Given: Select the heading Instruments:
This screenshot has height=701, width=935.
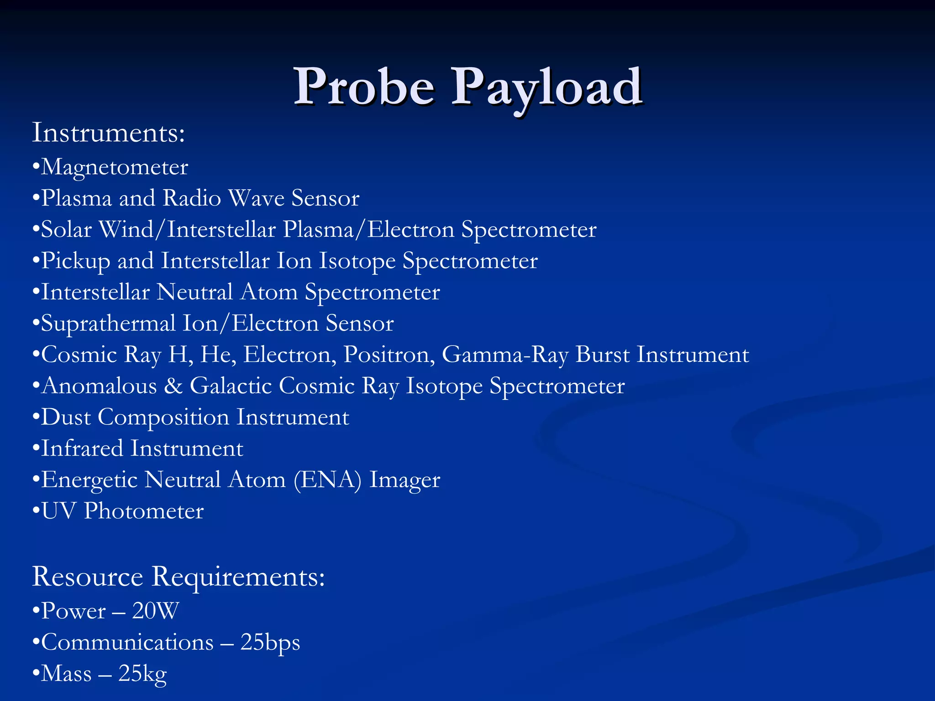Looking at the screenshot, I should pyautogui.click(x=109, y=133).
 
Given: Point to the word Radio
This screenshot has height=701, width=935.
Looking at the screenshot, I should pyautogui.click(x=192, y=199).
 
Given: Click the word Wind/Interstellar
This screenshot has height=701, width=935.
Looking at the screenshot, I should pyautogui.click(x=188, y=229).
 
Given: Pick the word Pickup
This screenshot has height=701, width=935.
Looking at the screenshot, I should pyautogui.click(x=76, y=261).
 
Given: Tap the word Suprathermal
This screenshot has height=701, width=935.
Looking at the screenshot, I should pyautogui.click(x=108, y=324).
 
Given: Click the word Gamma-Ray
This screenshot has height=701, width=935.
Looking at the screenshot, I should pyautogui.click(x=505, y=355).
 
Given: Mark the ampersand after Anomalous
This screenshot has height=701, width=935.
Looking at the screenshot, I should pyautogui.click(x=173, y=386).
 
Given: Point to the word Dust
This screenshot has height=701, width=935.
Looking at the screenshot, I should pyautogui.click(x=66, y=417).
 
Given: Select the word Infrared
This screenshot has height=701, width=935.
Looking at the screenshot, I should pyautogui.click(x=82, y=448).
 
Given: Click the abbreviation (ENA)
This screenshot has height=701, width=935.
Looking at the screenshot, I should pyautogui.click(x=327, y=480).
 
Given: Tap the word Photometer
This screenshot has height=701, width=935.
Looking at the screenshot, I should pyautogui.click(x=144, y=511).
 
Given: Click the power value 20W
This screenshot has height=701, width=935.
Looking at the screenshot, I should pyautogui.click(x=156, y=611).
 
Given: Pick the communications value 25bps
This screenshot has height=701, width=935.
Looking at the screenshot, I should pyautogui.click(x=270, y=643).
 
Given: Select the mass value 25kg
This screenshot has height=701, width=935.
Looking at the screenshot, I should pyautogui.click(x=142, y=674).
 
